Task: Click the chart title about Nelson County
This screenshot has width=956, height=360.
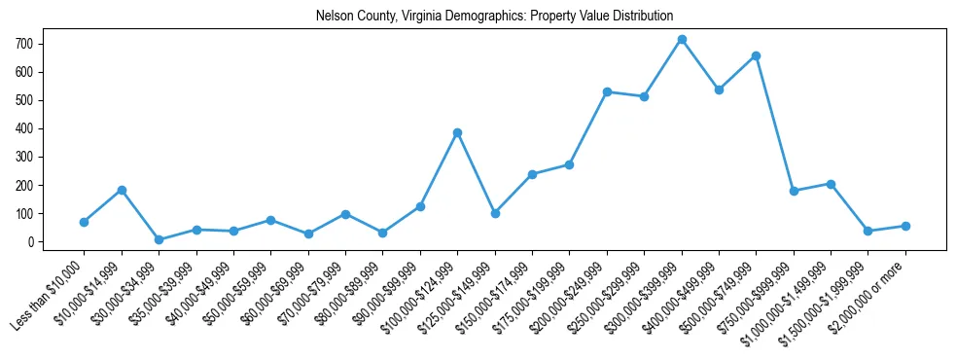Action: tap(494, 17)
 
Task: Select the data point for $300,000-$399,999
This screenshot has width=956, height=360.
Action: tap(682, 40)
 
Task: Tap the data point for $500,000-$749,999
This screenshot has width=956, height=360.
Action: tap(757, 55)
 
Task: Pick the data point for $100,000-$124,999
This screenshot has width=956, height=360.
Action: tap(457, 132)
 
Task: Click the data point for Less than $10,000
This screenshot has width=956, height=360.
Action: tap(85, 222)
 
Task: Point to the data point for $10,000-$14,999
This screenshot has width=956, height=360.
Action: tap(122, 190)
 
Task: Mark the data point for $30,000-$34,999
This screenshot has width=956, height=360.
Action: tap(159, 239)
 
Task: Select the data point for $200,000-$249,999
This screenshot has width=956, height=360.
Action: tap(607, 91)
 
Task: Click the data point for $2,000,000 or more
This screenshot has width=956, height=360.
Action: tap(905, 226)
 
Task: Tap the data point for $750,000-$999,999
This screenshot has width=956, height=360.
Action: tap(794, 191)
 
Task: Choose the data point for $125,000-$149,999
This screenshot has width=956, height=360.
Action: tap(495, 213)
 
